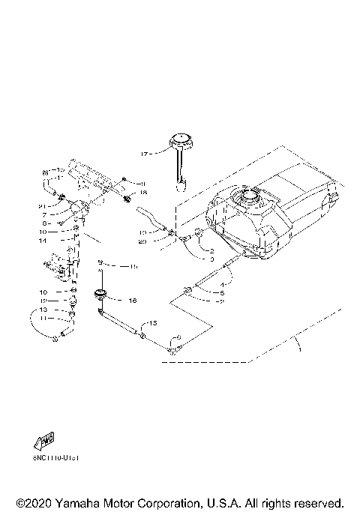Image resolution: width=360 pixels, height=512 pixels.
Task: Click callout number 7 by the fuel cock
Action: click(x=46, y=214)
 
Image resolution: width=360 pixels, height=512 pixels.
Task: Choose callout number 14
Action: click(x=44, y=241)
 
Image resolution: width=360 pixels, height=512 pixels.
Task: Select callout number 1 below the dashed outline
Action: click(x=299, y=349)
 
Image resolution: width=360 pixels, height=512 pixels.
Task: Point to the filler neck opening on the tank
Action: click(x=248, y=199)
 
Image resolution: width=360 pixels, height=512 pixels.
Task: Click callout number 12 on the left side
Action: click(x=43, y=300)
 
